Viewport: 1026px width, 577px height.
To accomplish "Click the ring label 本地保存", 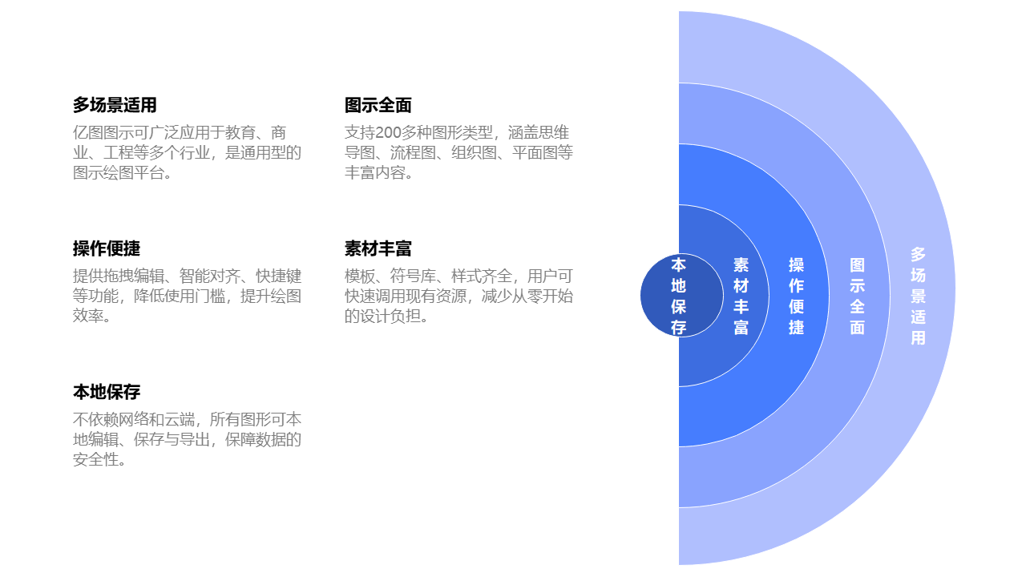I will point(679,296).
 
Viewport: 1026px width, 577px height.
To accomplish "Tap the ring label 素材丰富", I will point(741,296).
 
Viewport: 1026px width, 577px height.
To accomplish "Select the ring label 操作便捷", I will point(796,296).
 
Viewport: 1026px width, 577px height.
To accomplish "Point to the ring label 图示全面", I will point(857,296).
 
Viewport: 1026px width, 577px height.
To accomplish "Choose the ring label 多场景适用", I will point(918,296).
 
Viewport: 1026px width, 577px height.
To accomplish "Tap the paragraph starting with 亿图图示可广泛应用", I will point(187,152).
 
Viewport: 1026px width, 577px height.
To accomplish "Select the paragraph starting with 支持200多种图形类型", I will point(458,152).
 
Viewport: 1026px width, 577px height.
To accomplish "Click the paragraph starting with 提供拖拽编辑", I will point(187,296).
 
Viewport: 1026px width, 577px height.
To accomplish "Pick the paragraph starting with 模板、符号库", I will point(458,296).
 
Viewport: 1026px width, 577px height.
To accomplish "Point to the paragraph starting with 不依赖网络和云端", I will point(187,439).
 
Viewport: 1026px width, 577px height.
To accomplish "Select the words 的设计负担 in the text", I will point(383,317).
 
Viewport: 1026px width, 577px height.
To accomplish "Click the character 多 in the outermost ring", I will point(918,254).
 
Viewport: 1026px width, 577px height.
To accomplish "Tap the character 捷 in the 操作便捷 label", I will point(796,327).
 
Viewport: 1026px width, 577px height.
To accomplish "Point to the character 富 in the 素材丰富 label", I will point(741,327).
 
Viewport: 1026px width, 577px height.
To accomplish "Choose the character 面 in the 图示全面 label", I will point(857,327).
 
